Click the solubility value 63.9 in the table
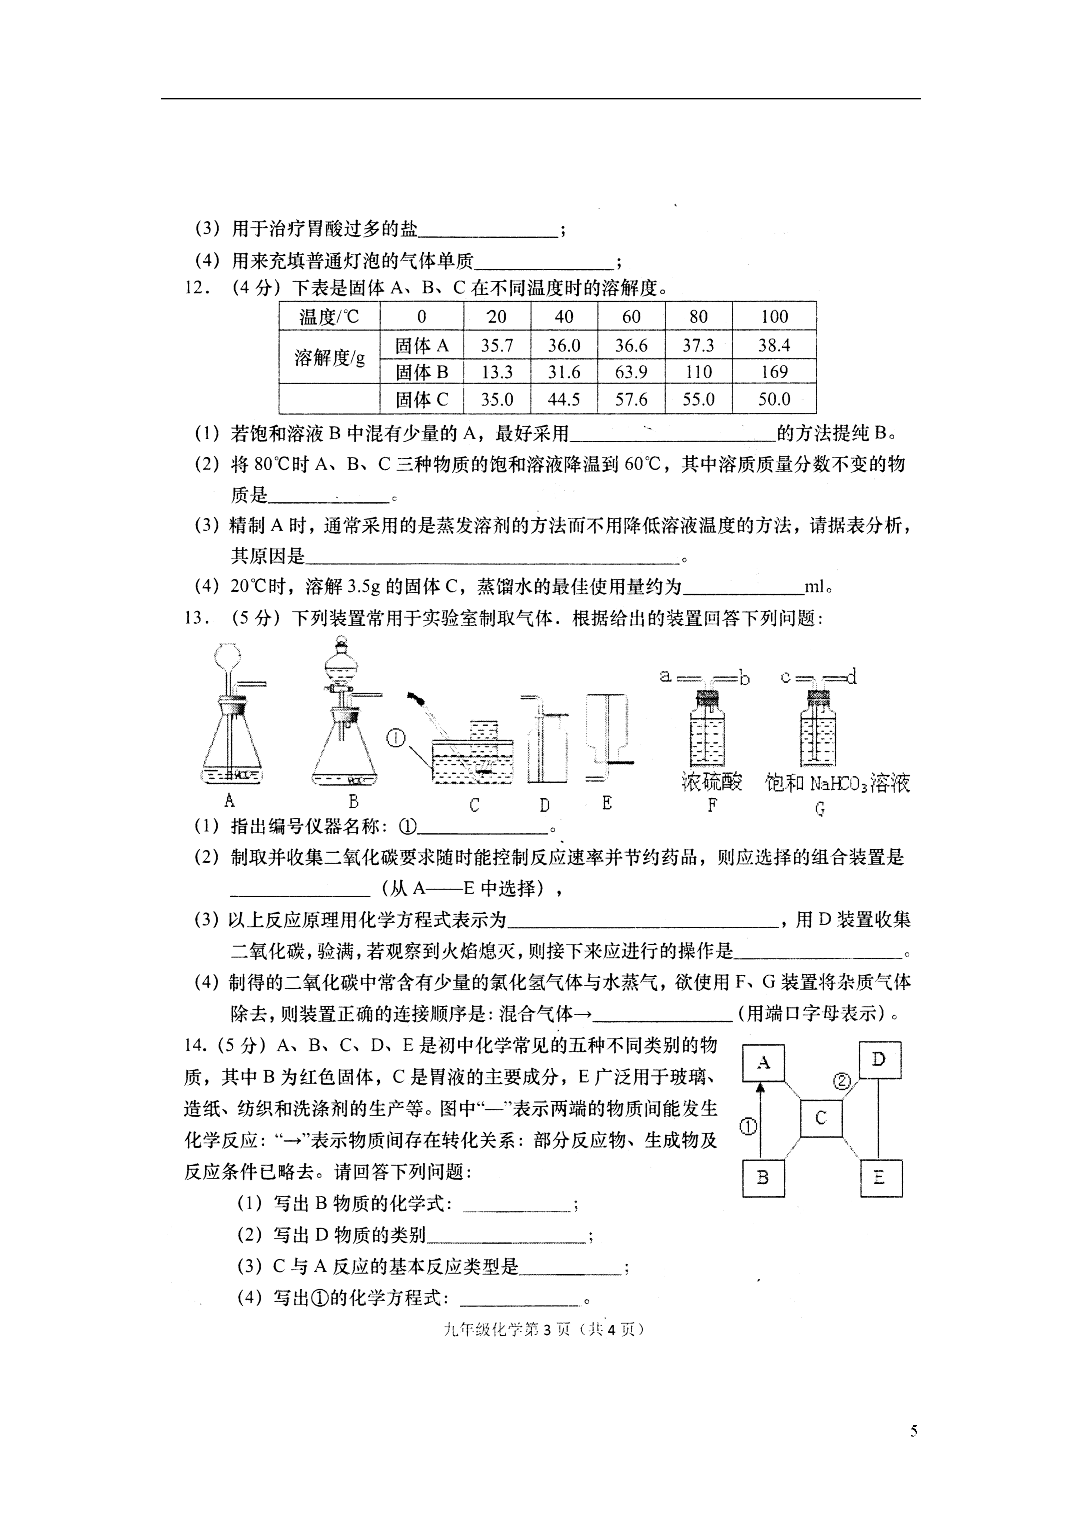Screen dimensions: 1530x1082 (631, 372)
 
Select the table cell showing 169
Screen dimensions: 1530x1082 (774, 372)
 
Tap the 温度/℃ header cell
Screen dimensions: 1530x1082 (329, 317)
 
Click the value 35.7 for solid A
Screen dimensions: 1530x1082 (497, 345)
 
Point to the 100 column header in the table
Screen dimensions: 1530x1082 (774, 317)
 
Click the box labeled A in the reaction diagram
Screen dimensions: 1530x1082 (763, 1063)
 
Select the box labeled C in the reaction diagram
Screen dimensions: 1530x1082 (821, 1118)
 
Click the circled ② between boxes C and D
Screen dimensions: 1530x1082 (842, 1081)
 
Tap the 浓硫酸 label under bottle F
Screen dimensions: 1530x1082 (711, 782)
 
